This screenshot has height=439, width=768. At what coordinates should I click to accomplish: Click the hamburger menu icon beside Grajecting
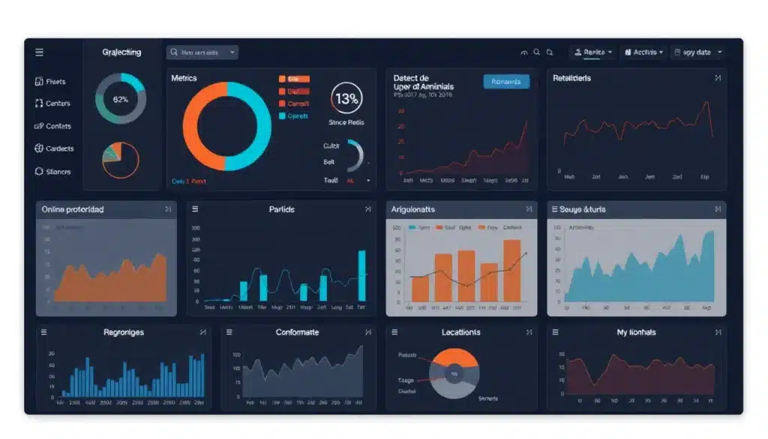39,53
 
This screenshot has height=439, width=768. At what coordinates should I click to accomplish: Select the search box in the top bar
202,53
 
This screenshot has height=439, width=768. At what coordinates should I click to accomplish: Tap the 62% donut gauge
120,99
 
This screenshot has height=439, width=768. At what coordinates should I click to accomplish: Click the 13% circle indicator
346,98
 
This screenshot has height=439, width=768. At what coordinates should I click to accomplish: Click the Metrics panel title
184,78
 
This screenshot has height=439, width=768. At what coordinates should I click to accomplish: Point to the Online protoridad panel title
73,209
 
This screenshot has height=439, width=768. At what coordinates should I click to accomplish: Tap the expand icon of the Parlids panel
367,209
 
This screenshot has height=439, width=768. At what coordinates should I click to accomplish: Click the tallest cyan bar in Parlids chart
362,275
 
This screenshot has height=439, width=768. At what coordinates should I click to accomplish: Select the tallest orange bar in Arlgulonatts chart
512,270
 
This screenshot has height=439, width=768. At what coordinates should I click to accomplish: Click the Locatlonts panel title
461,332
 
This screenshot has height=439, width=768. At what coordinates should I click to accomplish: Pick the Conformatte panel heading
297,332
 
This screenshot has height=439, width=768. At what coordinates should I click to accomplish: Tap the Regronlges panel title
124,332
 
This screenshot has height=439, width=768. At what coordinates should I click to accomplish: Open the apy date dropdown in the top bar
698,53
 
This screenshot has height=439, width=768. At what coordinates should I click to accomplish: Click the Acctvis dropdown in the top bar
643,53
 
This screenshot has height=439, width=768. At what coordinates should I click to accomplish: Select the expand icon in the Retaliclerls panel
718,78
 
